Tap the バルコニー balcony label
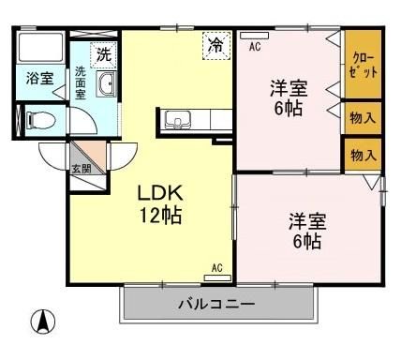[x=216, y=305]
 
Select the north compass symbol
[x=41, y=322]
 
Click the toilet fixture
[x=37, y=120]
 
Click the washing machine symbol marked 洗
[x=103, y=53]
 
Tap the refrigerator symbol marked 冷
[x=215, y=44]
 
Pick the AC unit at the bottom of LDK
[x=216, y=276]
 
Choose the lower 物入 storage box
[x=362, y=154]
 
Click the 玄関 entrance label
[x=82, y=169]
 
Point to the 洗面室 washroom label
[x=81, y=83]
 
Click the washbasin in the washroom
[x=105, y=86]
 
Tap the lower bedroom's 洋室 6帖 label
[x=305, y=231]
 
